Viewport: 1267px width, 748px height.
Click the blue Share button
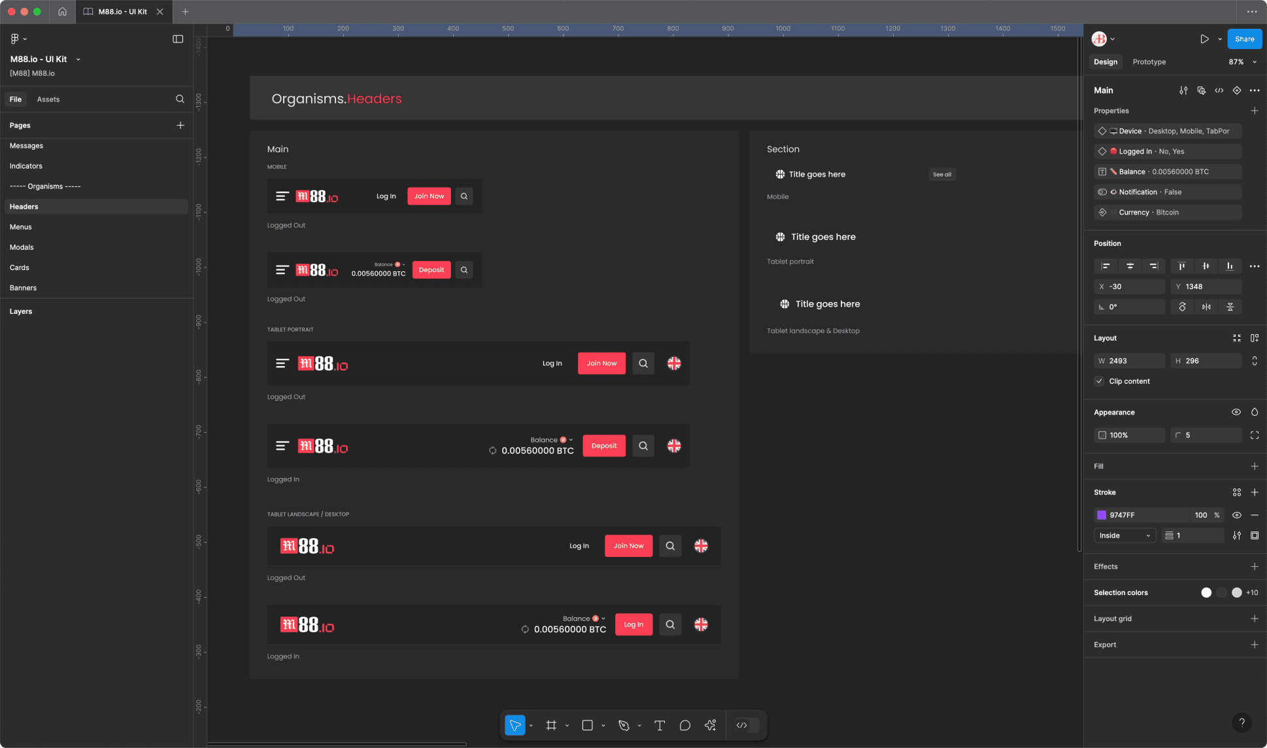1244,39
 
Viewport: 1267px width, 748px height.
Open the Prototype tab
1149,62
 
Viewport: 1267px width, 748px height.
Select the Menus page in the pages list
21,227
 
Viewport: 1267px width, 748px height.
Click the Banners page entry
24,288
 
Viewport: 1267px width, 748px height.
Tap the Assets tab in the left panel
48,99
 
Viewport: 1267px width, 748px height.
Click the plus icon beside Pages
180,126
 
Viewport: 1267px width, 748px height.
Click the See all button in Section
941,175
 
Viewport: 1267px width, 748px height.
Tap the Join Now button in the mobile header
429,196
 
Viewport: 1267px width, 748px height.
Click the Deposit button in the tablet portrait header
603,446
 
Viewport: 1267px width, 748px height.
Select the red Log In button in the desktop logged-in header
633,624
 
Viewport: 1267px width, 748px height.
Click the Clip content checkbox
1100,381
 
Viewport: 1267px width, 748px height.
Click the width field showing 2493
1134,361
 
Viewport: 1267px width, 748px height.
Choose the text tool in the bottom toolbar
660,725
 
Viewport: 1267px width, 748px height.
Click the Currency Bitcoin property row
1168,212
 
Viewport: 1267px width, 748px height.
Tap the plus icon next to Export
1254,645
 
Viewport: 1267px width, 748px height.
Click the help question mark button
1242,722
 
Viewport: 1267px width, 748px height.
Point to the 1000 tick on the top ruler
783,29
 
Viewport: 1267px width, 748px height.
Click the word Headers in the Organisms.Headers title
374,99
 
